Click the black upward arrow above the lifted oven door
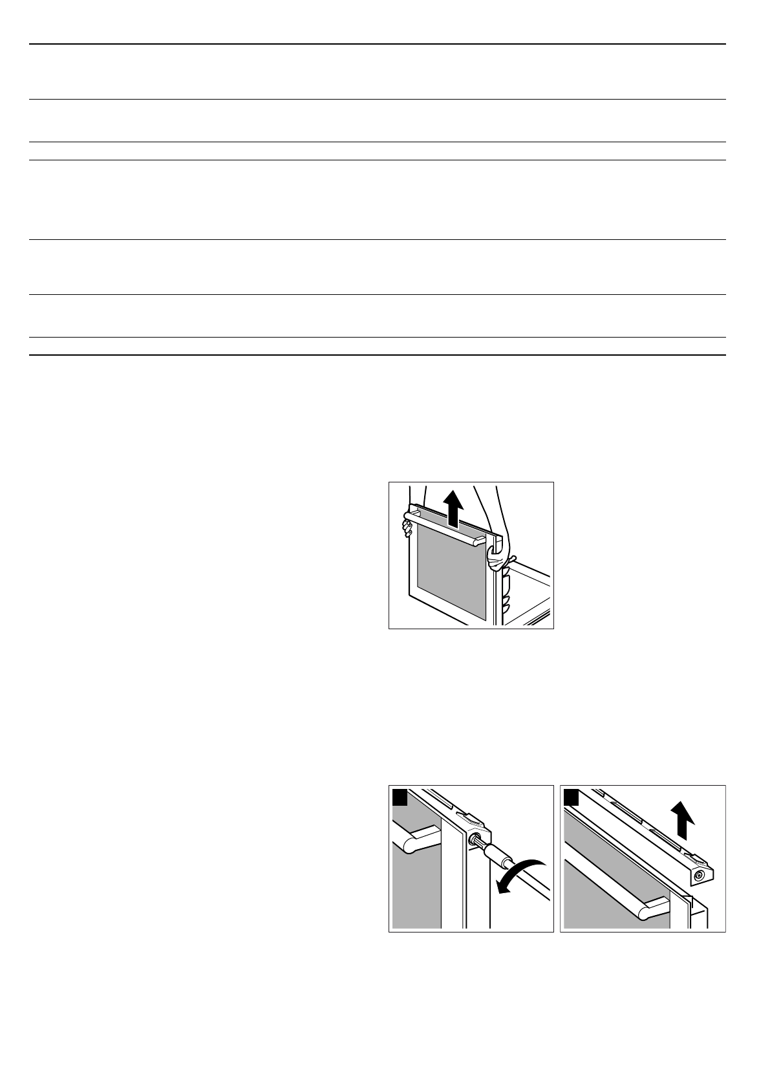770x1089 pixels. [x=456, y=506]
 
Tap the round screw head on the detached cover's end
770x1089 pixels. [x=699, y=876]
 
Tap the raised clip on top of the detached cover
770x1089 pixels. [x=696, y=858]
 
